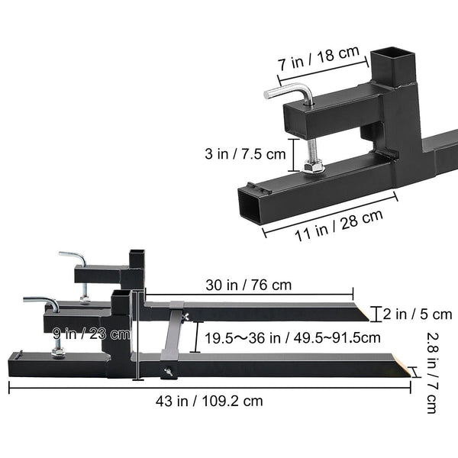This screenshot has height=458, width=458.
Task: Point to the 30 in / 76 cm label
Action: click(x=250, y=285)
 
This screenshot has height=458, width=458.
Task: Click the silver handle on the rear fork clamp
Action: click(x=73, y=258)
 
